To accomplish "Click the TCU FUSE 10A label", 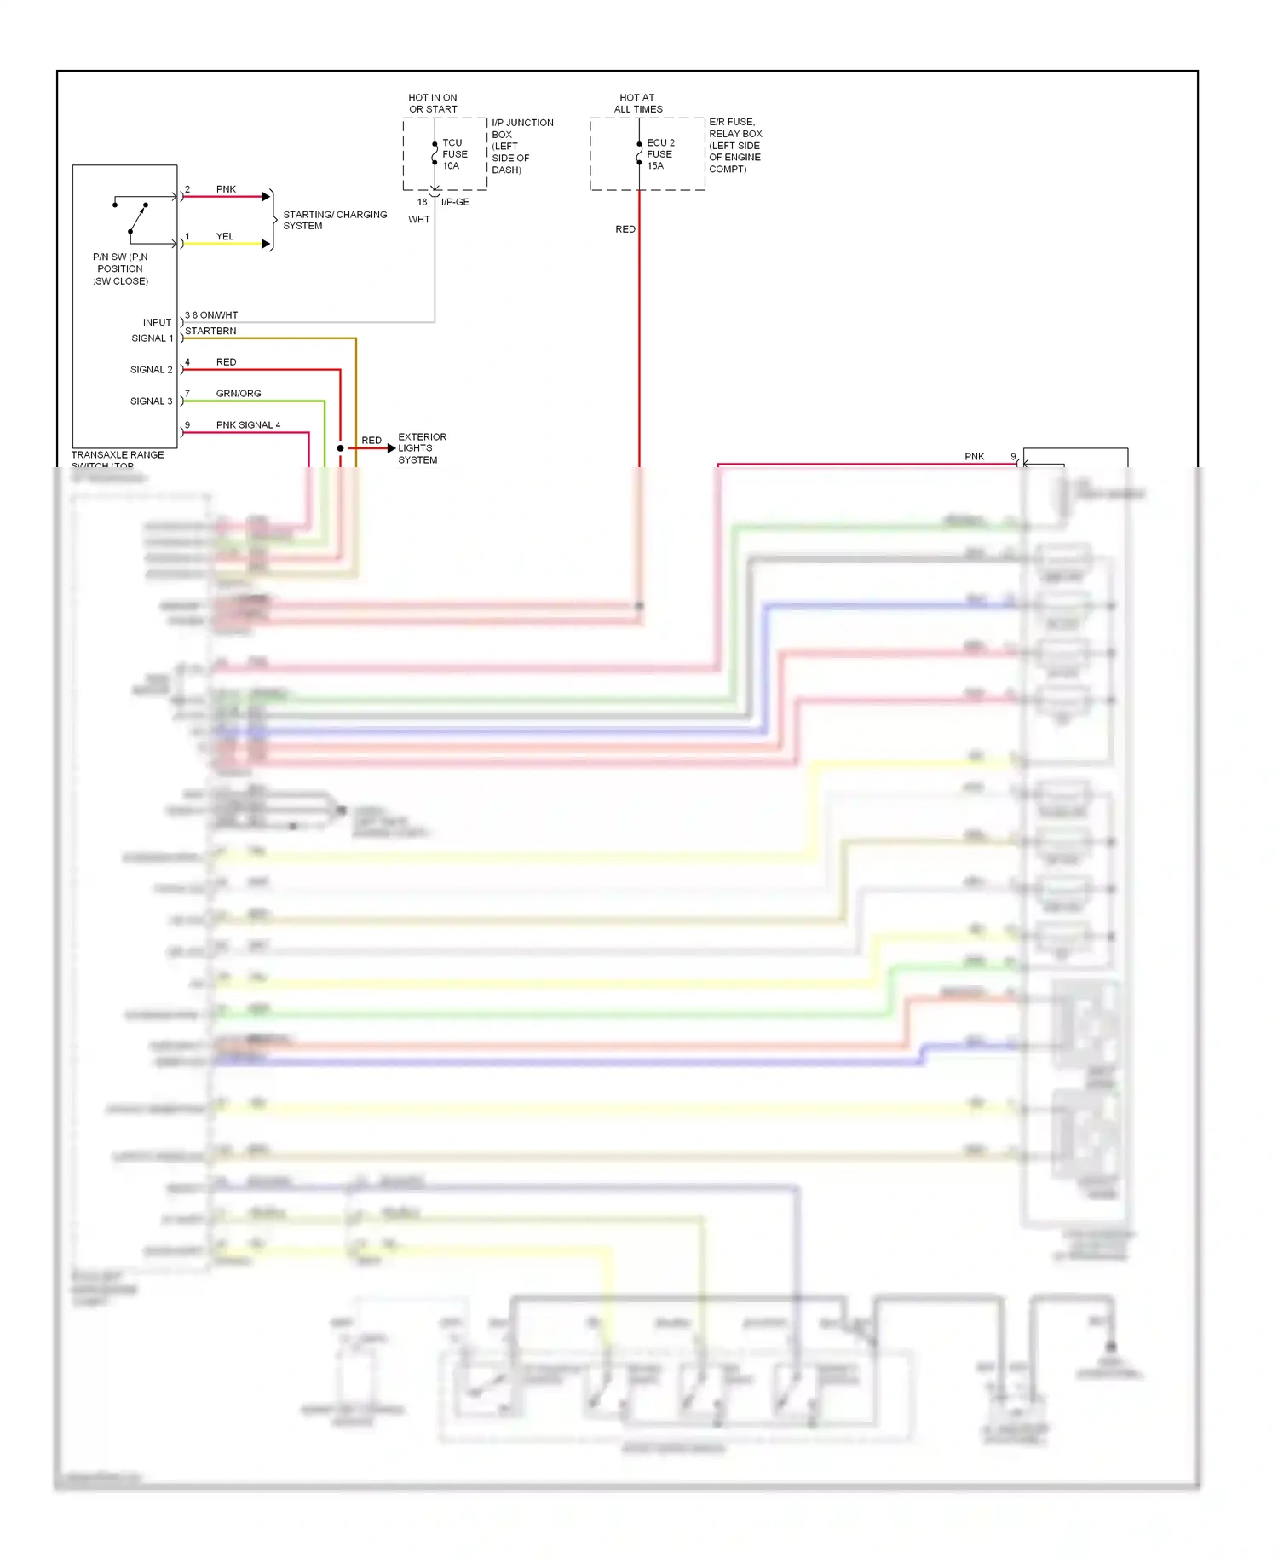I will coord(454,154).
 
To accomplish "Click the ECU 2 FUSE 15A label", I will coord(659,154).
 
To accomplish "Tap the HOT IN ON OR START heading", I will coord(433,103).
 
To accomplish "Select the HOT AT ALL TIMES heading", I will coord(638,103).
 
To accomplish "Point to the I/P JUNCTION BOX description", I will coord(521,146).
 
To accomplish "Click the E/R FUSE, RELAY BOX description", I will coord(735,146).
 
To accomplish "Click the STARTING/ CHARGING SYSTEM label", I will coord(334,220).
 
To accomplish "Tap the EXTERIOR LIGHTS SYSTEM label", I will coord(421,448).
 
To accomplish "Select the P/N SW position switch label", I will coord(120,268).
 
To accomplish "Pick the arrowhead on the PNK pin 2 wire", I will coord(266,197).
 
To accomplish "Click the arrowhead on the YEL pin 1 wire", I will coord(266,245).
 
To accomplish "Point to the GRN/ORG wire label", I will coord(239,394).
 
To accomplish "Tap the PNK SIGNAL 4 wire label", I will coord(248,425).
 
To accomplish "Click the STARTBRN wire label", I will coord(210,331).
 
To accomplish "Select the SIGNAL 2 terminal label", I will coord(151,370).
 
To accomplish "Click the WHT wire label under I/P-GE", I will coord(419,220).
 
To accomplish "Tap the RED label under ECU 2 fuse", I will coord(625,229).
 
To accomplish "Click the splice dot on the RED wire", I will coord(341,448).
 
